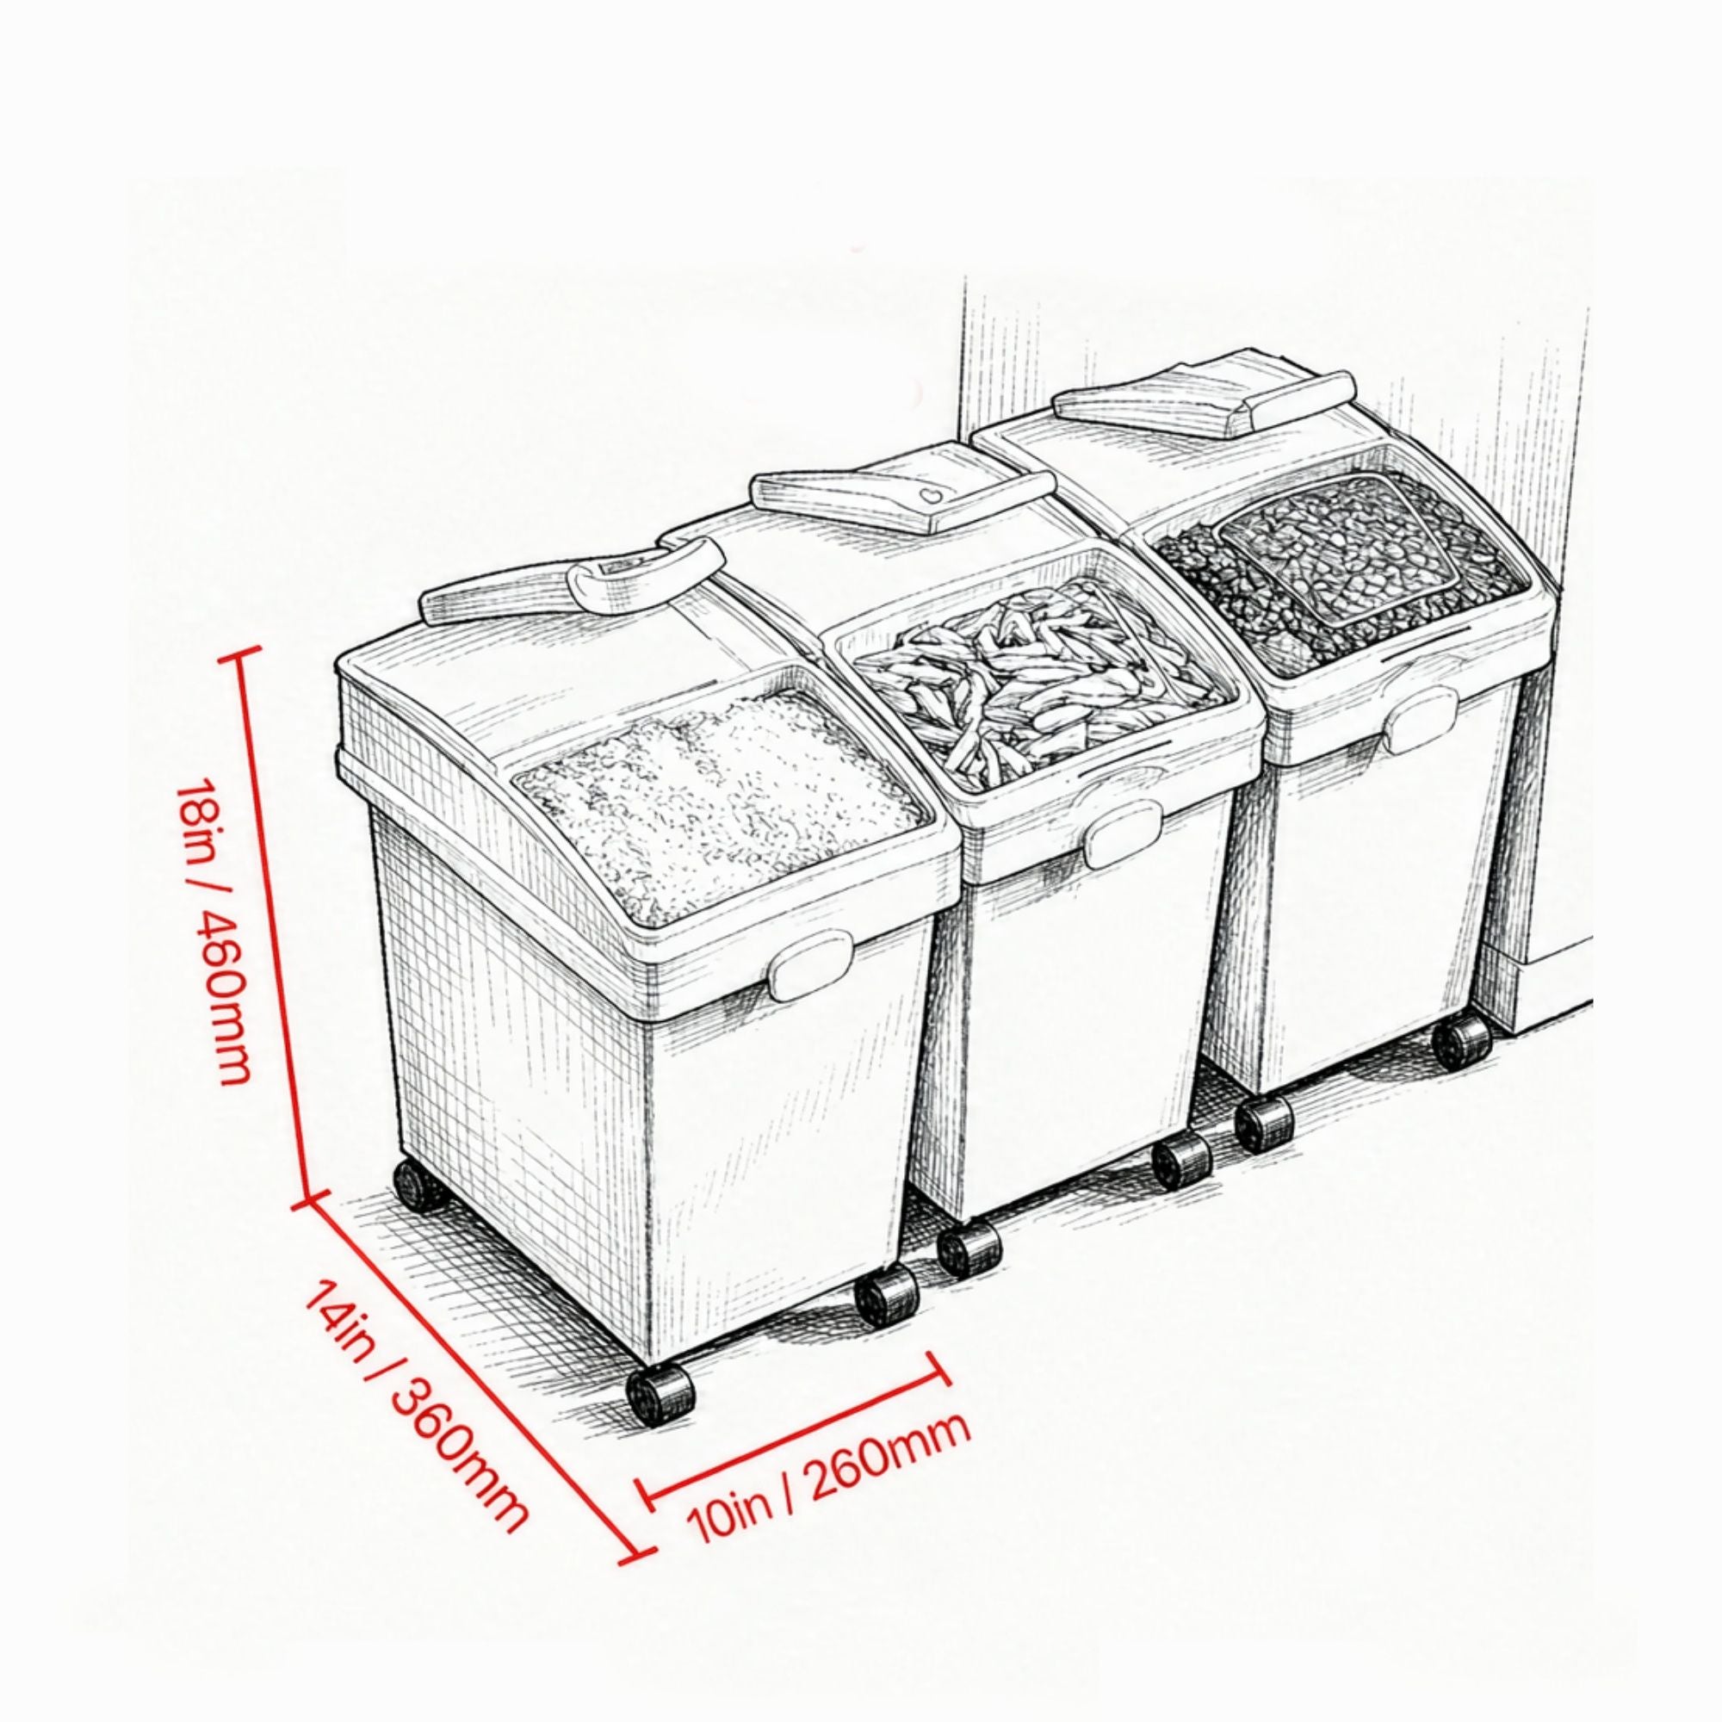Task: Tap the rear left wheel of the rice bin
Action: pyautogui.click(x=416, y=1185)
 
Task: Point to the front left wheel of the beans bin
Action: pyautogui.click(x=1265, y=1126)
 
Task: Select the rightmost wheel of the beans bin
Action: pyautogui.click(x=1463, y=1039)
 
